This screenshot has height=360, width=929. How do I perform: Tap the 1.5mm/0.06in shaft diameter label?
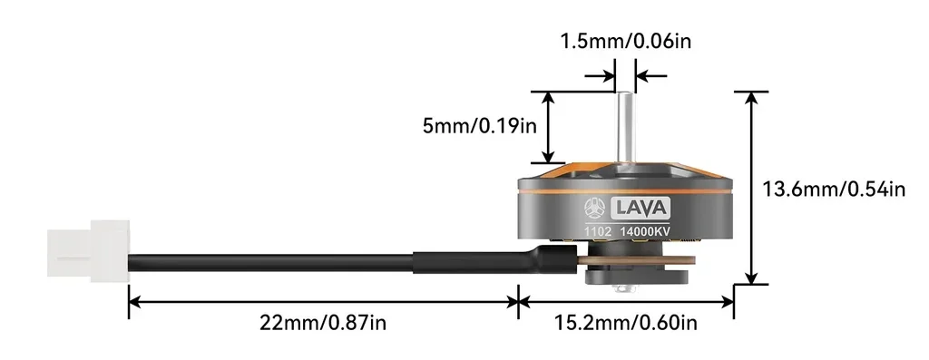click(625, 41)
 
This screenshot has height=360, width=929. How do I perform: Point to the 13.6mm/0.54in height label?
click(834, 190)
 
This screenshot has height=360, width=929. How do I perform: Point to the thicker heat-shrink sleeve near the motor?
click(481, 262)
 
